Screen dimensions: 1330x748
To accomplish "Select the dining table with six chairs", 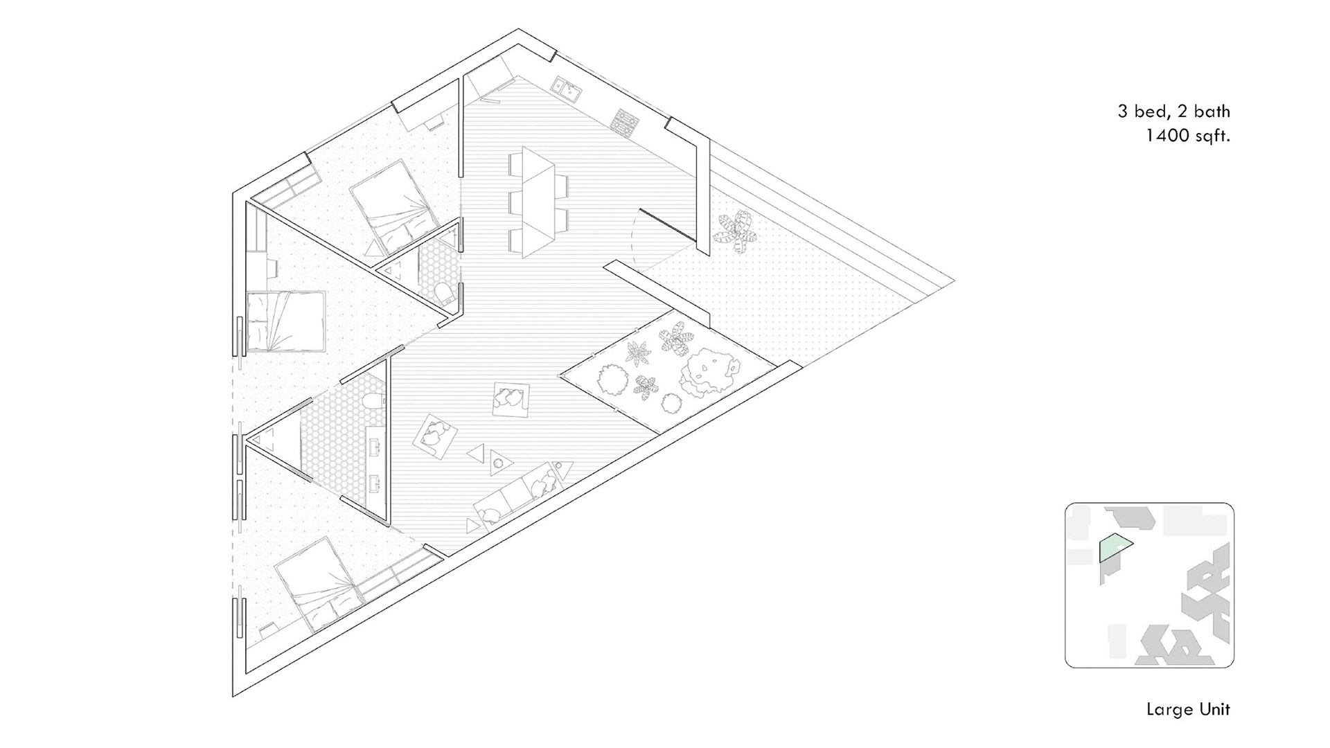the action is click(x=538, y=202).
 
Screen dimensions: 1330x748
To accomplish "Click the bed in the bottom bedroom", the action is click(x=316, y=582).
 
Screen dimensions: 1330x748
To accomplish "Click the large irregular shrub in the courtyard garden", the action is click(x=707, y=371).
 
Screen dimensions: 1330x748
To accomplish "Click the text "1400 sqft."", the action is click(x=1187, y=136).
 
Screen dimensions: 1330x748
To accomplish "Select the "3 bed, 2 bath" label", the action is click(x=1173, y=111).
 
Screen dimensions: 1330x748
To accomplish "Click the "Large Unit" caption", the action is click(x=1188, y=709).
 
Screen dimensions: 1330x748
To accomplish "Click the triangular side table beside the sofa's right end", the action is click(x=565, y=471).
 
